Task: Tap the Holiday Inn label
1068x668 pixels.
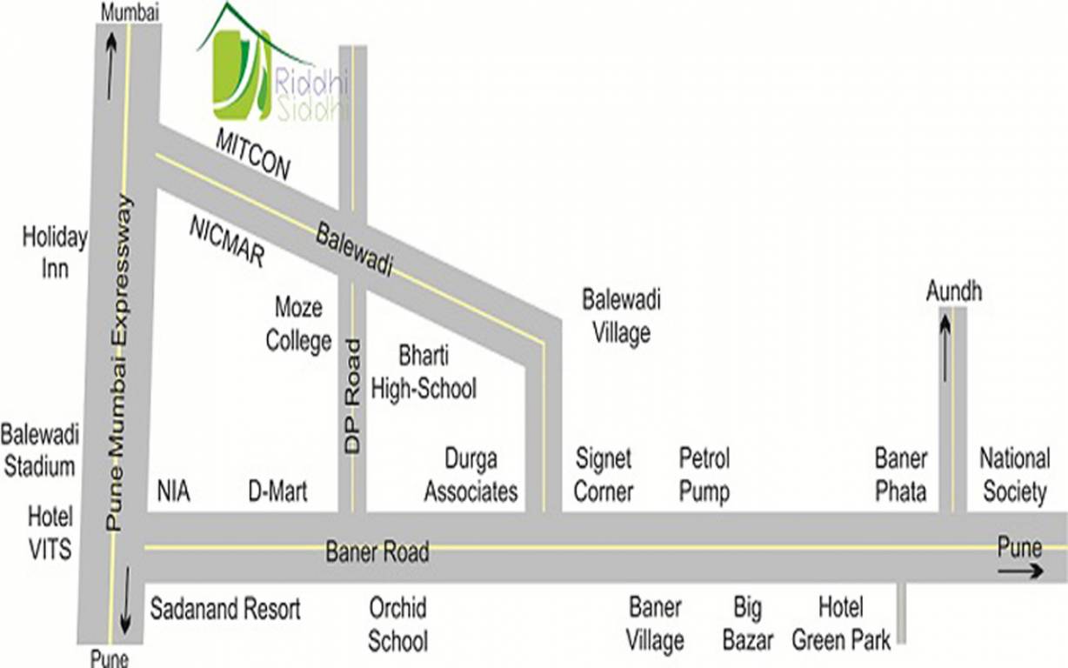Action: (x=55, y=252)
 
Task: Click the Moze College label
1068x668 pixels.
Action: (x=298, y=324)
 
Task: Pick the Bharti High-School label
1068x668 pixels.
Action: (x=424, y=371)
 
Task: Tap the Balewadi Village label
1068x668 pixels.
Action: (x=621, y=317)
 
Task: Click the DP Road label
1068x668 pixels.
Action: (x=352, y=396)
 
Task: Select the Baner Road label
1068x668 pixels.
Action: (x=377, y=551)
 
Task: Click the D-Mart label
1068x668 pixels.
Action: (x=277, y=492)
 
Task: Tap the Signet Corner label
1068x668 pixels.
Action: (x=604, y=475)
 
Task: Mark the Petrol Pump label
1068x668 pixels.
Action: (x=704, y=475)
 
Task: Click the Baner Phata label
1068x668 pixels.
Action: (x=901, y=475)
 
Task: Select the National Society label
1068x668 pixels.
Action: (x=1014, y=475)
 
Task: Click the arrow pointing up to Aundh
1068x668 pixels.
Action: (x=945, y=348)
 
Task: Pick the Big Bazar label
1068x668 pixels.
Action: (x=747, y=624)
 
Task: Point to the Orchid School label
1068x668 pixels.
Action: (x=397, y=624)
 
